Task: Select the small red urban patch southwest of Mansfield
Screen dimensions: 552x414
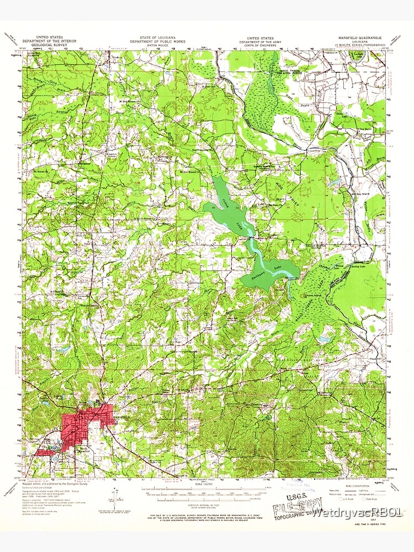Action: (x=44, y=453)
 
